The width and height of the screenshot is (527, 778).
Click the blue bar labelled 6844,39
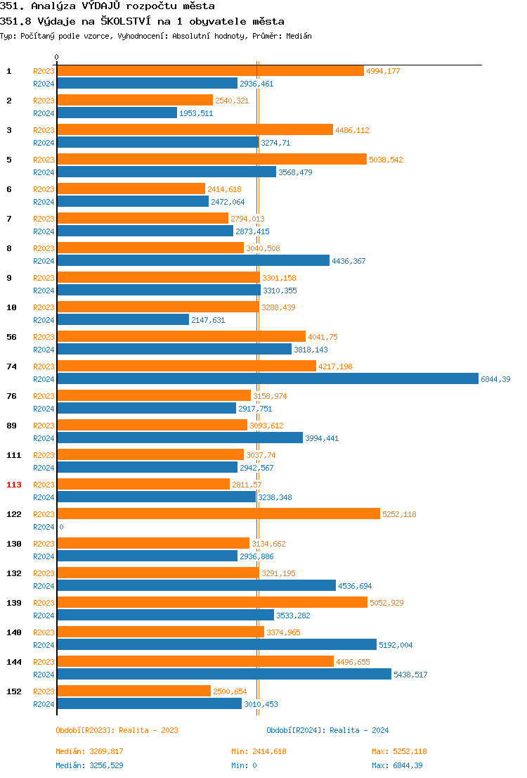(267, 378)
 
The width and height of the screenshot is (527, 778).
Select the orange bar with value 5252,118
(218, 514)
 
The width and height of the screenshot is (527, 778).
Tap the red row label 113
(14, 485)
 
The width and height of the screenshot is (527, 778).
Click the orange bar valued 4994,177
(210, 70)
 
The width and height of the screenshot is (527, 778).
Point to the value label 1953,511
(196, 113)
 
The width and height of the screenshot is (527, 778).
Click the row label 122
(14, 514)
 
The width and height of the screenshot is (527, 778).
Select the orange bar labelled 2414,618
(131, 189)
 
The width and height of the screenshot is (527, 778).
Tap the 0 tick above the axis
(57, 57)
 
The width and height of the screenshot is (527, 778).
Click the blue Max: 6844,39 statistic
(397, 765)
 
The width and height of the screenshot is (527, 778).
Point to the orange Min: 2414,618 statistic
(259, 751)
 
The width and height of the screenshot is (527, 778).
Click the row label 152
(14, 691)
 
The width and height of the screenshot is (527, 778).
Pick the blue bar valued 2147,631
(123, 319)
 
